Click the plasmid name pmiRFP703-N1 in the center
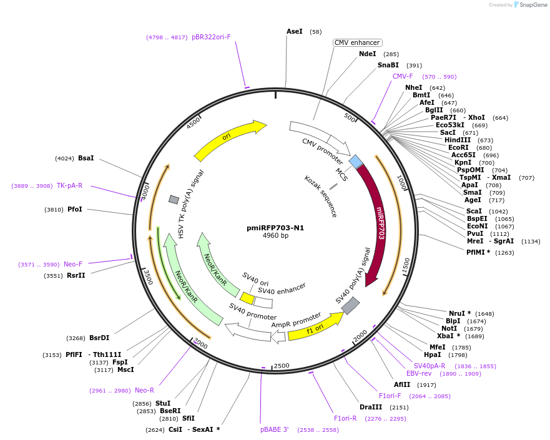(x=275, y=228)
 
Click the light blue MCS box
(x=356, y=162)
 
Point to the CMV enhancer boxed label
(x=357, y=42)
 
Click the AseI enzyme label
(x=294, y=31)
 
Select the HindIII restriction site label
(x=458, y=140)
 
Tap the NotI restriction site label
(x=449, y=328)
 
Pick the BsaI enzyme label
(x=86, y=158)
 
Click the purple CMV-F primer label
(x=403, y=76)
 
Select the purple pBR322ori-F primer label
(x=211, y=37)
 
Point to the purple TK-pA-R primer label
(x=69, y=185)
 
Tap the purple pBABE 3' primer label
(x=275, y=429)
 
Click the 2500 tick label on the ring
(x=282, y=365)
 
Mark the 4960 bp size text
(x=275, y=236)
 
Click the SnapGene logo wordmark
(x=530, y=5)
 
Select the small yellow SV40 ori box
(x=247, y=298)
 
